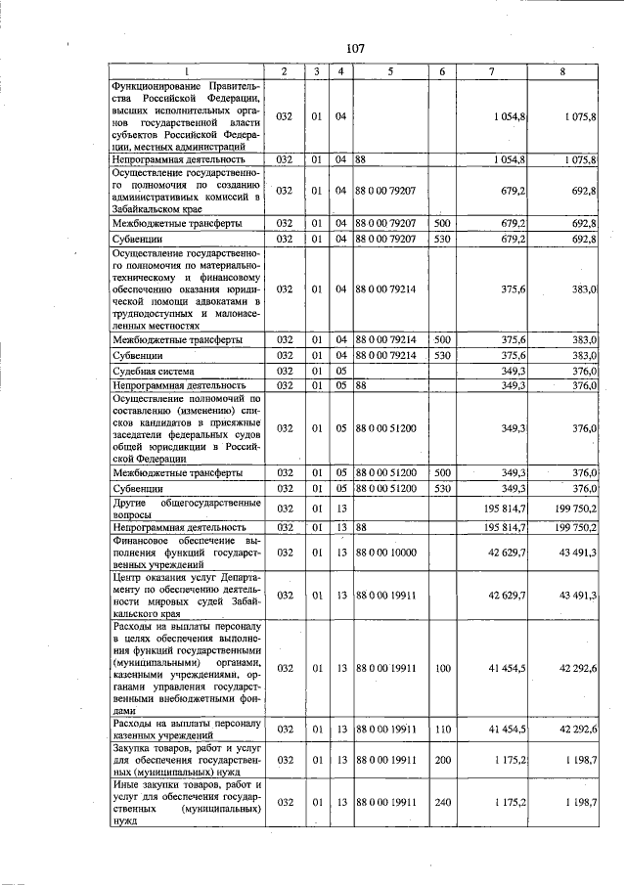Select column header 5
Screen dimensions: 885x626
pos(389,71)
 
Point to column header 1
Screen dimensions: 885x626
pos(186,71)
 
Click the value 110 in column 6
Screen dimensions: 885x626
pos(442,729)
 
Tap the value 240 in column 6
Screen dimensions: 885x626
pos(442,802)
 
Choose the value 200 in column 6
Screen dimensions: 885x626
pos(442,759)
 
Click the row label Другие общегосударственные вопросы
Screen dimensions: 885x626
pos(186,508)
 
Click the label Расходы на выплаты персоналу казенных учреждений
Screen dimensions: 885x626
pos(186,729)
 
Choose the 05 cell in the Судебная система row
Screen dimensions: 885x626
pos(340,372)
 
